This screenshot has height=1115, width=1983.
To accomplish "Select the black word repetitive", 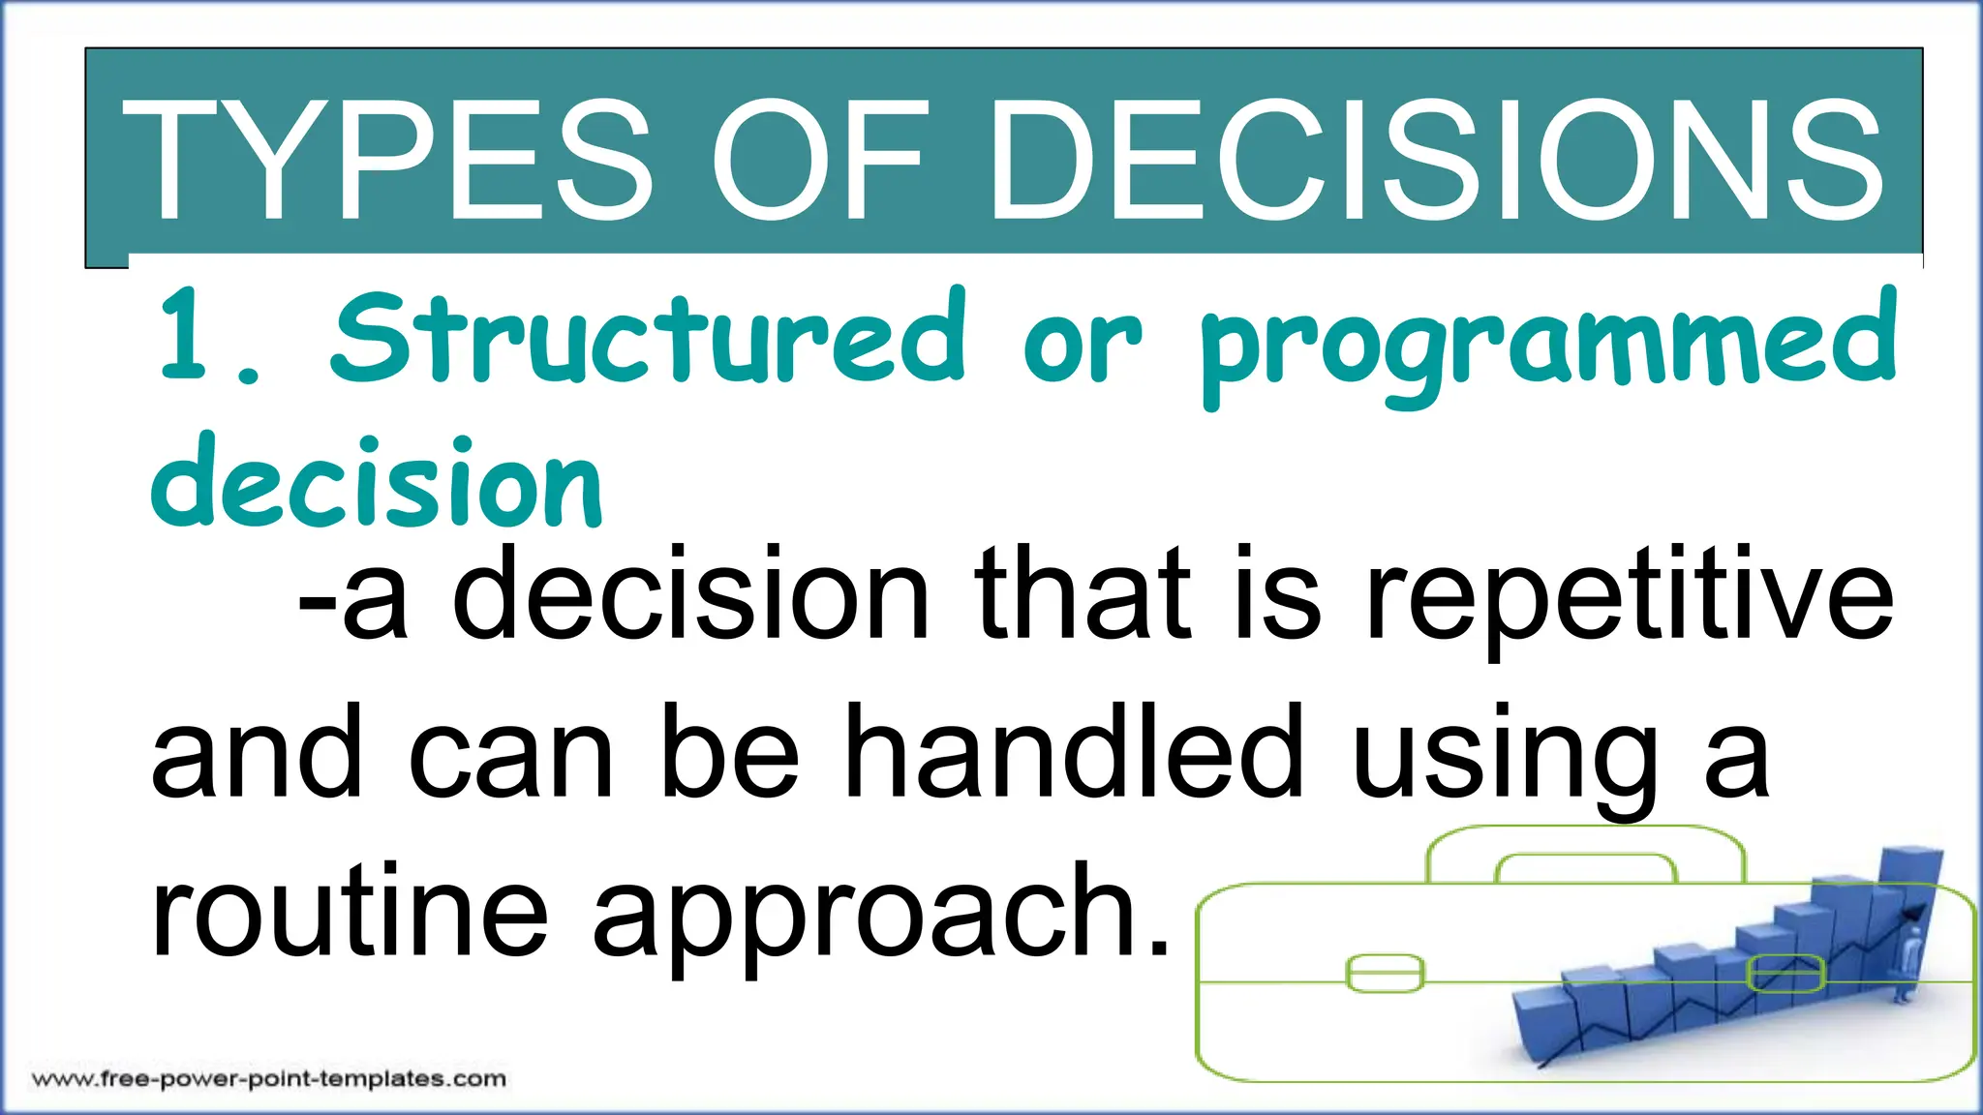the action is pos(1627,595).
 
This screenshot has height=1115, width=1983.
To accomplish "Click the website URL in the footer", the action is pos(269,1078).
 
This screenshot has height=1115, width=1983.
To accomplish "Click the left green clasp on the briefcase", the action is pos(1385,973).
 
